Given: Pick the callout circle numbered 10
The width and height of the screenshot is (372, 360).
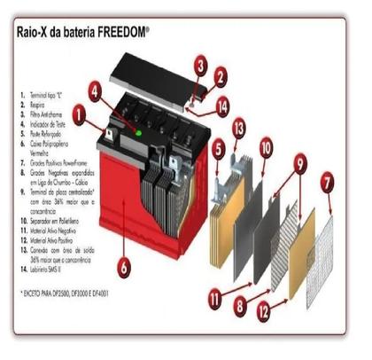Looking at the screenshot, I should (x=265, y=148).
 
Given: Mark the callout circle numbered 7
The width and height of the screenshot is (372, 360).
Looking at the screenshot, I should (x=327, y=184).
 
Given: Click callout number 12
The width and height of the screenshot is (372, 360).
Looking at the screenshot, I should (x=263, y=311).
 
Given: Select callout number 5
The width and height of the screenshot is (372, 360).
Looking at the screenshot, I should (x=218, y=150).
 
